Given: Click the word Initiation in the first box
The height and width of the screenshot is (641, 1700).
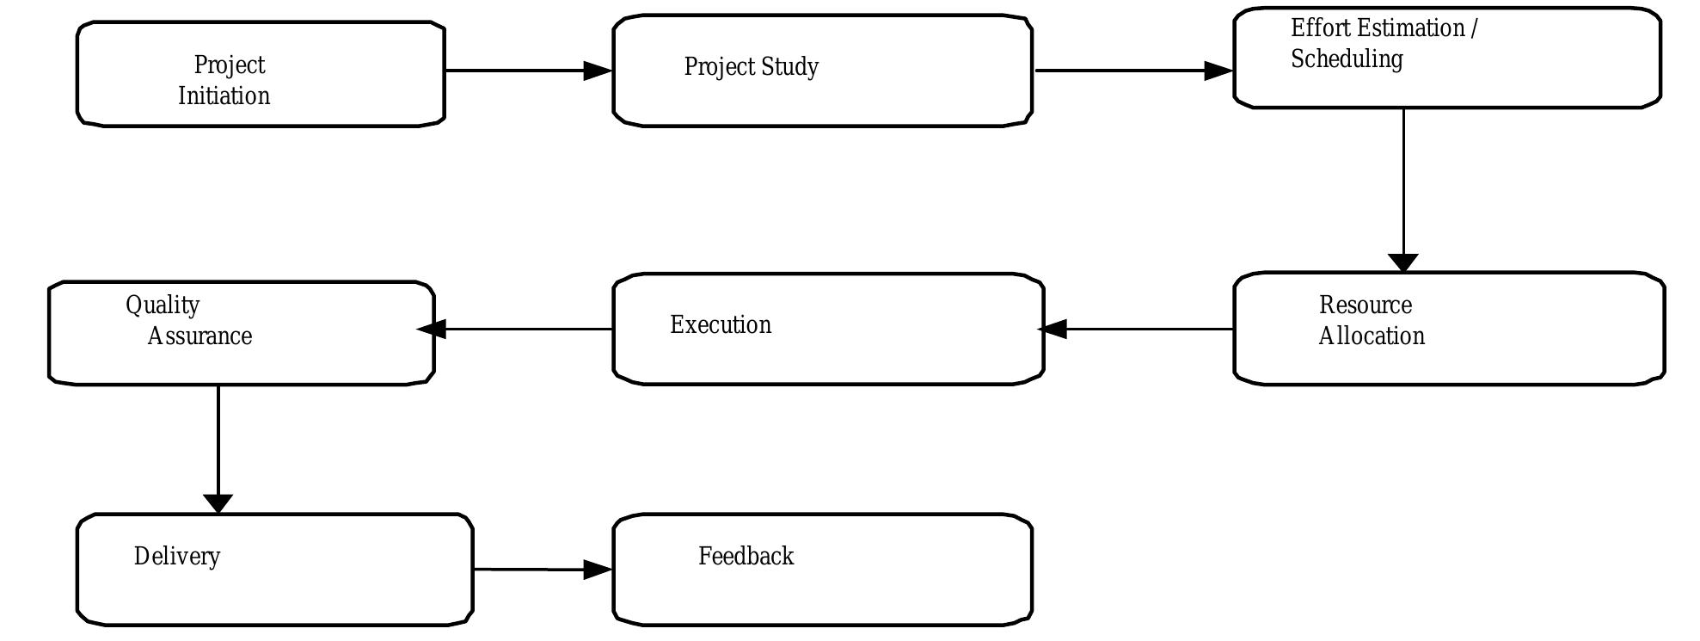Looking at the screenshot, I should (x=224, y=96).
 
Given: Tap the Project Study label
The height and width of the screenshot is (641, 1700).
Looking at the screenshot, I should (x=751, y=67).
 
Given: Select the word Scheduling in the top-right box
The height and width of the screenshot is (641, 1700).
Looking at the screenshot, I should (x=1347, y=59).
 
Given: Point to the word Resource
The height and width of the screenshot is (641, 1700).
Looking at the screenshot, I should (x=1366, y=305).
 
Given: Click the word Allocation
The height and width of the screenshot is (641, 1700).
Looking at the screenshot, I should (x=1372, y=336).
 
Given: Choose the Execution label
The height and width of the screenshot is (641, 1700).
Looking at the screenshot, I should (x=721, y=325).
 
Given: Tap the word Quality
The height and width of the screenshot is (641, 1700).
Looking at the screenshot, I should (x=163, y=305).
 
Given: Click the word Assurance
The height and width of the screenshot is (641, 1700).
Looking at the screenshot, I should (x=199, y=336).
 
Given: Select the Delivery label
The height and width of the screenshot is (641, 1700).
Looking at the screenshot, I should (x=177, y=557).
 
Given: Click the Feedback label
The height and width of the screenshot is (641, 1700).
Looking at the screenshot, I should (x=746, y=557).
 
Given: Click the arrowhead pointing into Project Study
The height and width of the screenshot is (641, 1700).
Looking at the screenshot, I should (x=597, y=71).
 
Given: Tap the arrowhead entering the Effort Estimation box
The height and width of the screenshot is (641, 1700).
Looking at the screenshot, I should (x=1218, y=71).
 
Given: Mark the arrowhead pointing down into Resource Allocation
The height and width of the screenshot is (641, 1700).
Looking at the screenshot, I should (x=1403, y=262).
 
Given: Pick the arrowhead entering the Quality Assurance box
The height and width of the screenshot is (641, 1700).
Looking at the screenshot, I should (x=433, y=329).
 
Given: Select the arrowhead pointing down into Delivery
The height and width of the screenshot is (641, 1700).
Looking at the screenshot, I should (x=218, y=502).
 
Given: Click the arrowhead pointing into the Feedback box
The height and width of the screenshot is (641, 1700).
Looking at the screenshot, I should (x=597, y=570).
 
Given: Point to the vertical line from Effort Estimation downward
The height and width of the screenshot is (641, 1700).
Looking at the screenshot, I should (x=1403, y=181).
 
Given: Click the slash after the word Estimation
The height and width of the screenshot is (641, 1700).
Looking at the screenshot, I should (x=1474, y=28).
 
